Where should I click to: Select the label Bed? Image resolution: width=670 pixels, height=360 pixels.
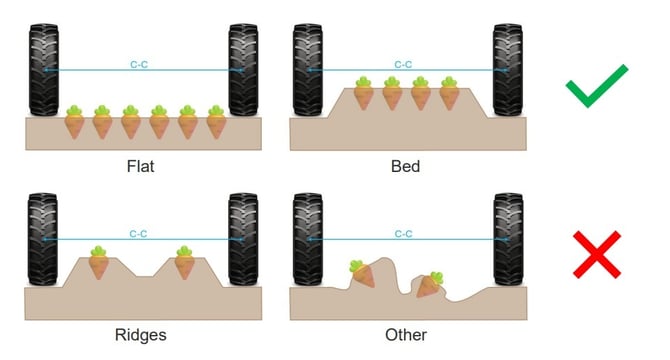(x=405, y=165)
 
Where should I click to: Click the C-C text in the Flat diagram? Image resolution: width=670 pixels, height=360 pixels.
(x=139, y=65)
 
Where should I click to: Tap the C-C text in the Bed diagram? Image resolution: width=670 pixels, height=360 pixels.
(x=404, y=65)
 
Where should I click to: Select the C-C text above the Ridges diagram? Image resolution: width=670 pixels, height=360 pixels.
(x=139, y=234)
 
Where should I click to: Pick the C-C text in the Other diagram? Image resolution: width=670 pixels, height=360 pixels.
(x=404, y=234)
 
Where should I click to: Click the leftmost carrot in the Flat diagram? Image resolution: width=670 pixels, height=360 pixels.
(x=74, y=122)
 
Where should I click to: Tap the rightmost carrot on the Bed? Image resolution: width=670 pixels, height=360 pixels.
(x=449, y=93)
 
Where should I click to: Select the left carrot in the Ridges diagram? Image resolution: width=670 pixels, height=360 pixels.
(x=98, y=264)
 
